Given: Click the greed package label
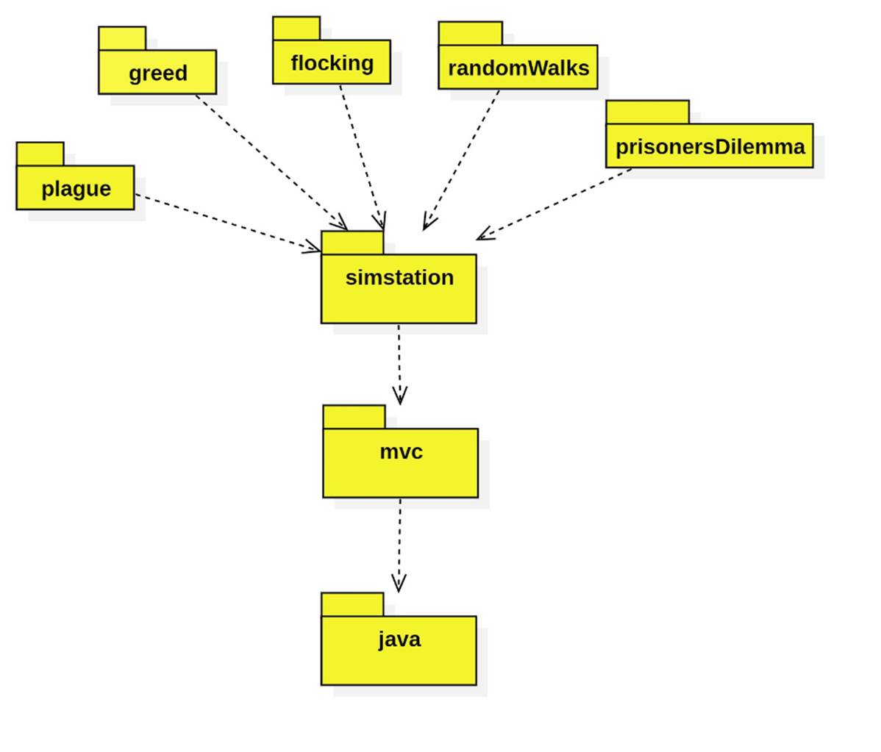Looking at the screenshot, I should [157, 74].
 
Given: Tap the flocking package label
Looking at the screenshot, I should [332, 63].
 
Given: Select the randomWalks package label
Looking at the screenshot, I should [518, 68].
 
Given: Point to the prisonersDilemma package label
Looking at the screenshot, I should [710, 147].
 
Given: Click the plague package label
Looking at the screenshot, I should [76, 189].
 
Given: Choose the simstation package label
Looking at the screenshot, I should [399, 278].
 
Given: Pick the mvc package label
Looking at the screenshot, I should [401, 451].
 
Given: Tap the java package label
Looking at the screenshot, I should [399, 639].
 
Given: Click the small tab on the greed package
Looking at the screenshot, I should [122, 38].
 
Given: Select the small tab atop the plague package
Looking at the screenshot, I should [40, 154].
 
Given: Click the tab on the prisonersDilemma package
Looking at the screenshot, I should [647, 112].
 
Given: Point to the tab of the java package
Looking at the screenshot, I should [352, 604].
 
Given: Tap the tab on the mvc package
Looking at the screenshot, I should [354, 417].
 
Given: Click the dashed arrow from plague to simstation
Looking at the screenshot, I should [228, 223].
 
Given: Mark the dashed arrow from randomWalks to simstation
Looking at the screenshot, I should [462, 159].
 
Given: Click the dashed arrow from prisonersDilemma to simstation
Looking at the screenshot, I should [555, 204].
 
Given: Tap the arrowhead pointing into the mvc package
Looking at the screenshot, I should [399, 397].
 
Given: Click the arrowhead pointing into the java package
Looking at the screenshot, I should [399, 584].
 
